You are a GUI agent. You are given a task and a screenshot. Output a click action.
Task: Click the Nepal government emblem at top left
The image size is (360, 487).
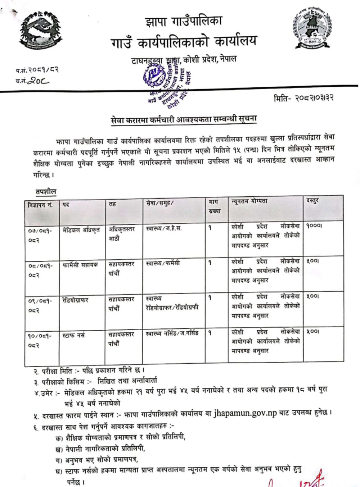pos(40,31)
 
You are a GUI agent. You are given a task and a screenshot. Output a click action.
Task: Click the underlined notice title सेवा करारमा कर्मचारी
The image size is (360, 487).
pos(184,120)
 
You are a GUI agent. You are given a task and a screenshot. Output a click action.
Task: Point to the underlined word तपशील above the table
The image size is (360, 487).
pos(46,192)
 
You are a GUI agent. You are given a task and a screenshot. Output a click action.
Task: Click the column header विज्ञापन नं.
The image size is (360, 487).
pos(40,205)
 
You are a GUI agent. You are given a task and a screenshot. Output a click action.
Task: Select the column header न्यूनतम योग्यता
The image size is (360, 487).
pos(249,201)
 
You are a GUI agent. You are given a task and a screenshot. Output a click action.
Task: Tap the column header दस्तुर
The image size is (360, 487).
pos(312,201)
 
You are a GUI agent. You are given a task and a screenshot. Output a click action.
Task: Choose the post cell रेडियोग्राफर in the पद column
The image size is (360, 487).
pos(75,300)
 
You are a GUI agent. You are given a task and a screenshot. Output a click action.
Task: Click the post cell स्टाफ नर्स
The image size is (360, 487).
pos(73,335)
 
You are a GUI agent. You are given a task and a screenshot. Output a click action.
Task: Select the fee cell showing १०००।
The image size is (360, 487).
pos(314,226)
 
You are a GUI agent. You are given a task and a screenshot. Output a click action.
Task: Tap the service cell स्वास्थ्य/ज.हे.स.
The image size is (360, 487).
pos(164,228)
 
